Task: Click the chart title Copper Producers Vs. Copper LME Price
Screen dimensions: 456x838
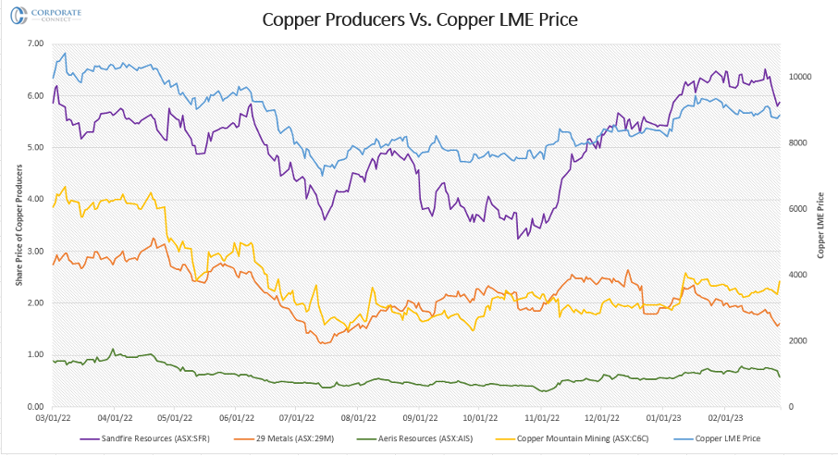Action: tap(420, 19)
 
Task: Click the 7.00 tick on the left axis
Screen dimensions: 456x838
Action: tap(36, 44)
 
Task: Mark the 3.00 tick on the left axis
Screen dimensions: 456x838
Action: tap(36, 252)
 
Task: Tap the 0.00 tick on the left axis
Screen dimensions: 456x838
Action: tap(36, 407)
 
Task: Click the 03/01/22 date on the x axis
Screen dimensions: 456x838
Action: tap(53, 417)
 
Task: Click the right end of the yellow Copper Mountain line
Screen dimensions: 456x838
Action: tap(780, 281)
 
